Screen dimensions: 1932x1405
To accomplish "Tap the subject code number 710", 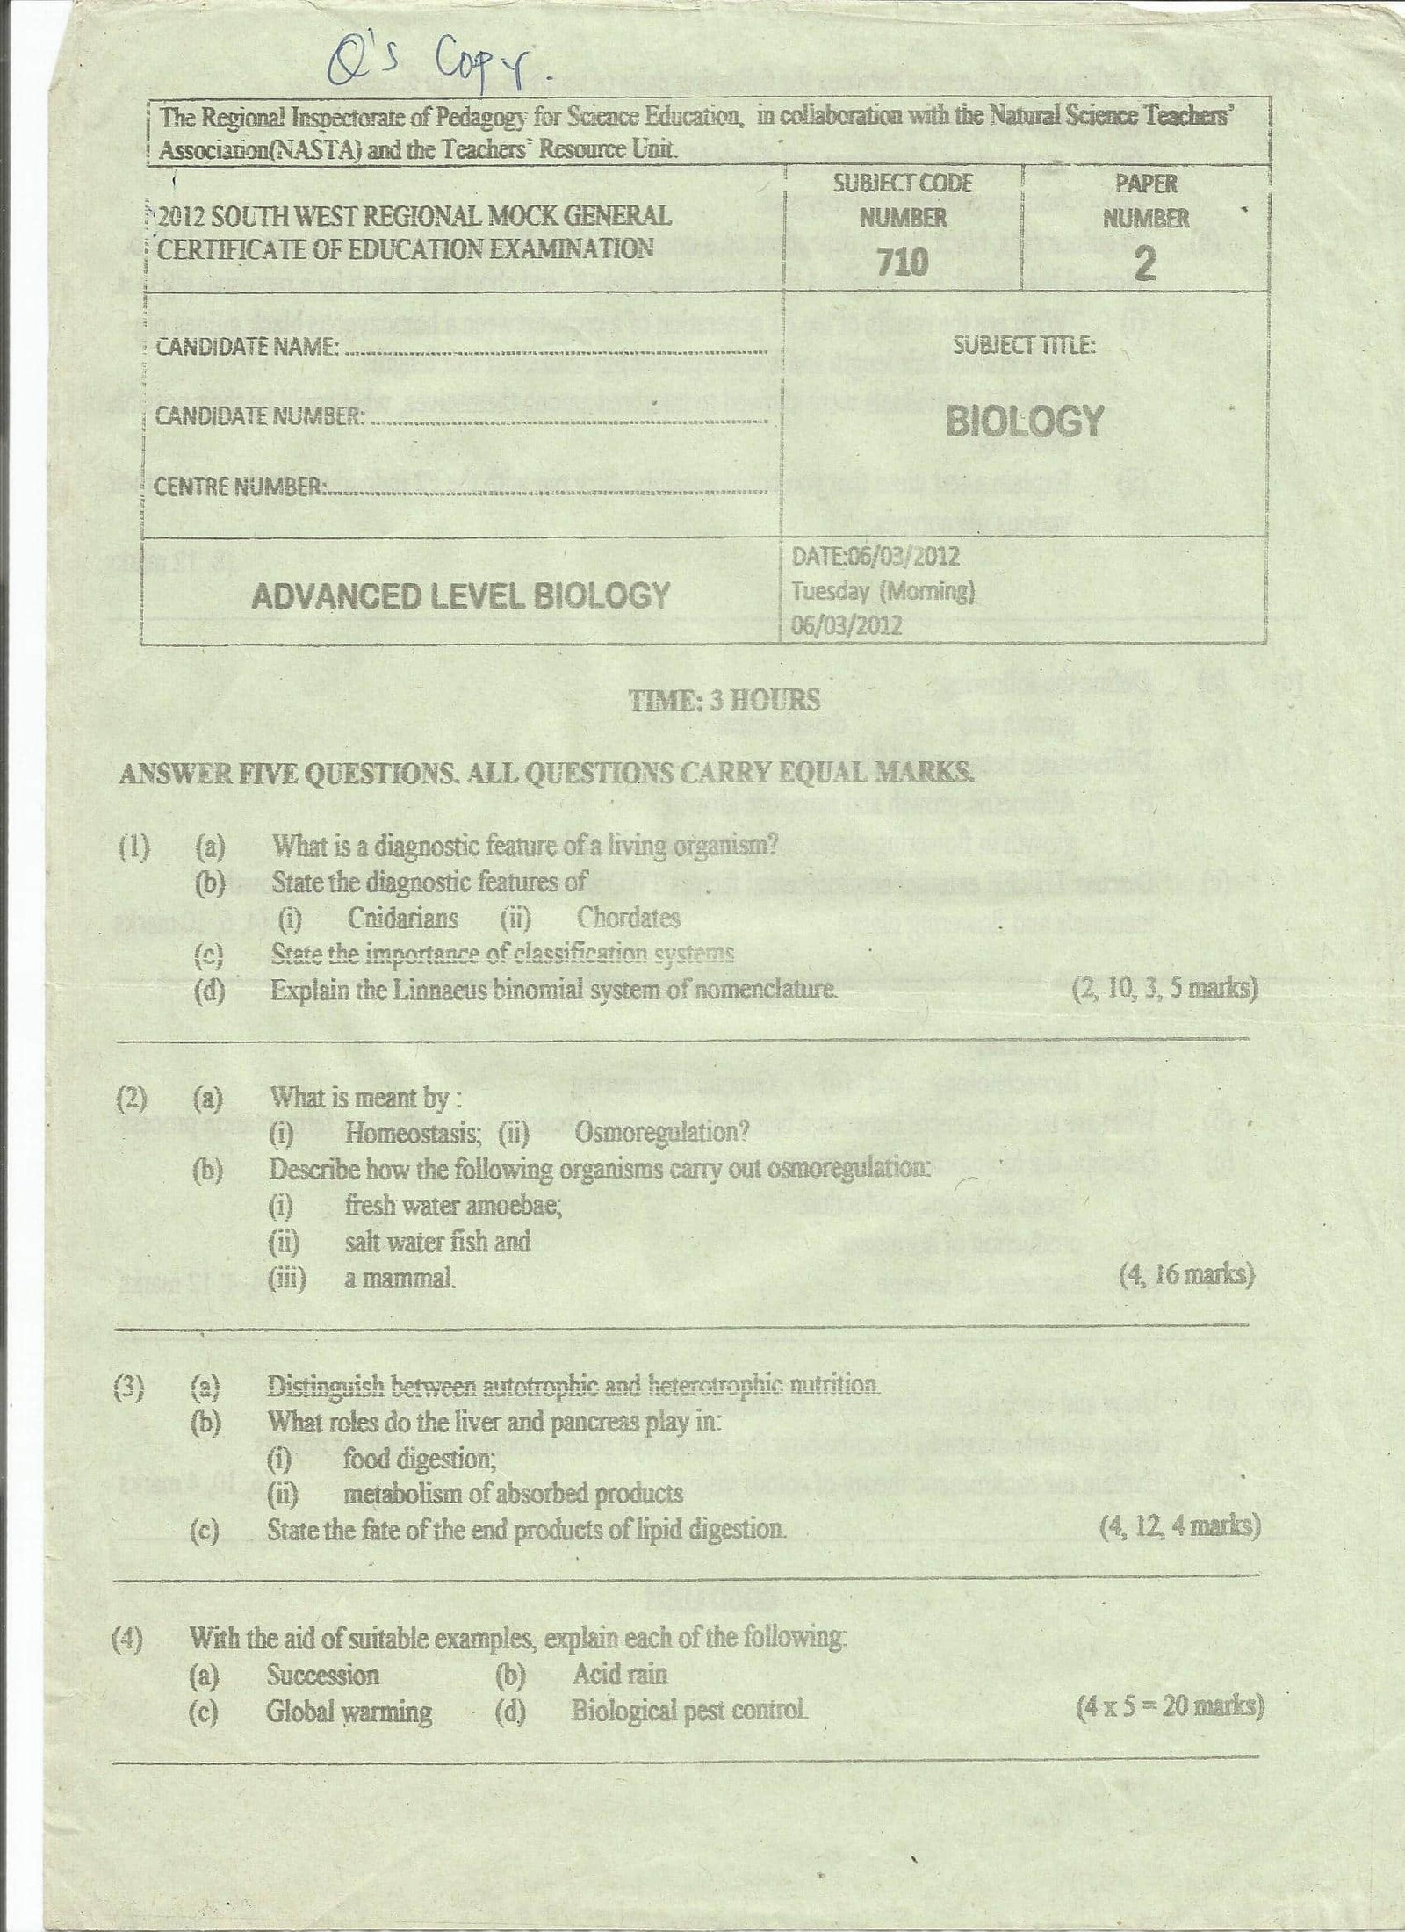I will point(903,261).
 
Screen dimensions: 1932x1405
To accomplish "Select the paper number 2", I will point(1145,263).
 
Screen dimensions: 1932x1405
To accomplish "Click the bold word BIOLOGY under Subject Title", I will point(1024,422).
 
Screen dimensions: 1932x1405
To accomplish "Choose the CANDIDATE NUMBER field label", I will point(260,416).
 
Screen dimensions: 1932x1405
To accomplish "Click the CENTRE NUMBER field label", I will point(238,487).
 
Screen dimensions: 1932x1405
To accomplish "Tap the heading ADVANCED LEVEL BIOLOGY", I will point(461,596).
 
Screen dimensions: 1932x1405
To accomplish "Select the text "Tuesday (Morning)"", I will point(883,591).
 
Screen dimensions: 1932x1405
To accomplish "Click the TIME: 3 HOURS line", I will point(724,700).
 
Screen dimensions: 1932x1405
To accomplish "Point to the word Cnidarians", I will point(402,919).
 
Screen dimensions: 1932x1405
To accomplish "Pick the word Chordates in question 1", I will point(628,919).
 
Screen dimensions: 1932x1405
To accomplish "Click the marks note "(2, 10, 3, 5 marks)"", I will point(1165,989).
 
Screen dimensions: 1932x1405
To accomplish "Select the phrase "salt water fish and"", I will point(437,1242).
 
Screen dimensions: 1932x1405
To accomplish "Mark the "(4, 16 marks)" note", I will point(1185,1275).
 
